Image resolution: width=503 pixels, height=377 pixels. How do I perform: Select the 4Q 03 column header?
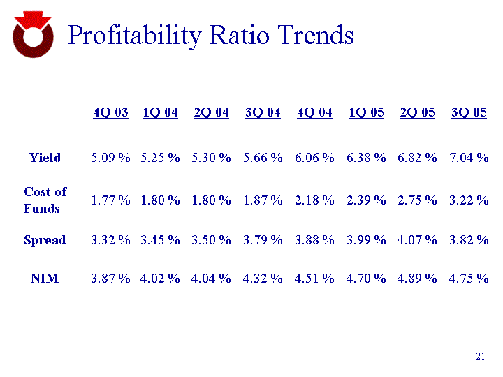(x=110, y=113)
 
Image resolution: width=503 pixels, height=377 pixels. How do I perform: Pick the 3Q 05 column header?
(x=469, y=113)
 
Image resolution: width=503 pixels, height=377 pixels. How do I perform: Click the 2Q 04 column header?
(x=211, y=113)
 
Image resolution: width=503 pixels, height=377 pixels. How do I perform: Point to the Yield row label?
(x=45, y=158)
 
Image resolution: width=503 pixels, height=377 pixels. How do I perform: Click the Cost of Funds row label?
(x=45, y=200)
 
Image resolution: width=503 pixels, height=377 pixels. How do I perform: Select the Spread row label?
(x=45, y=240)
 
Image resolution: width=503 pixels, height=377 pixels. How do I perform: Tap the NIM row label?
(x=45, y=279)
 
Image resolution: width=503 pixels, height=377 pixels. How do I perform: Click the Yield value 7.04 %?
(x=469, y=158)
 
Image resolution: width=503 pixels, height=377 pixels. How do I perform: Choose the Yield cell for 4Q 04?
(x=314, y=158)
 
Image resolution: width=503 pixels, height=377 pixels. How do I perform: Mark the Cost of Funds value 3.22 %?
(x=469, y=200)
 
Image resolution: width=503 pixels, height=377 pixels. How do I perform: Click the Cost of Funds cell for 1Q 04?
(x=160, y=200)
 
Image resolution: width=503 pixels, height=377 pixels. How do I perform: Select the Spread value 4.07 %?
(x=417, y=240)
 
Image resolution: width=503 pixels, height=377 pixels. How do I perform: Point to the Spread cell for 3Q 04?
(x=263, y=240)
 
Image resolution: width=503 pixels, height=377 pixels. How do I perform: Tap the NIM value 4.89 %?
(x=417, y=279)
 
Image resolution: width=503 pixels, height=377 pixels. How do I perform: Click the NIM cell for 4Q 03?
(x=110, y=279)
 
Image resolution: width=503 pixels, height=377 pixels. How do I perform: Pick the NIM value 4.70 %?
(x=366, y=279)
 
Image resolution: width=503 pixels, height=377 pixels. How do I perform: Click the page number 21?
(x=480, y=357)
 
